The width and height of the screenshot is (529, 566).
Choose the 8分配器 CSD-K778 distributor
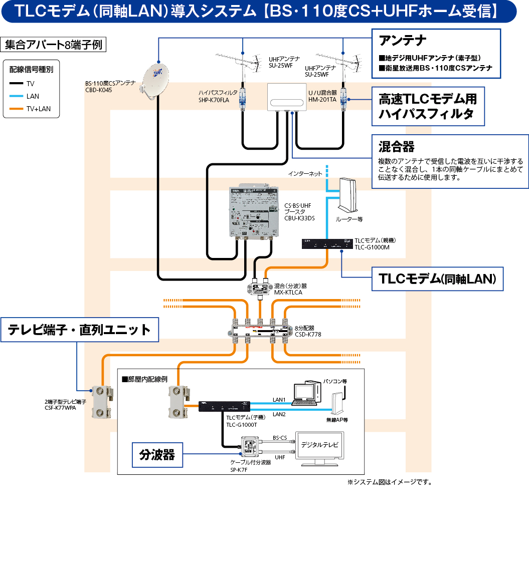point(260,330)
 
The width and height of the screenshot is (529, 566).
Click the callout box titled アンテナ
point(436,53)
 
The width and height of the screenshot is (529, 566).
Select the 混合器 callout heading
point(397,146)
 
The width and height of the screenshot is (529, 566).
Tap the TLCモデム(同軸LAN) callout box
point(437,278)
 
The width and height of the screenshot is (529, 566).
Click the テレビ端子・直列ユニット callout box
point(80,330)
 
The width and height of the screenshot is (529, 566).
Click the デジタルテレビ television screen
point(319,445)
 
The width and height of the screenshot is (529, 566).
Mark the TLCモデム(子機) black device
point(224,406)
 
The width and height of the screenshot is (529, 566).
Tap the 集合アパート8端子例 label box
point(54,45)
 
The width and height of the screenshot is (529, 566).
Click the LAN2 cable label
point(279,415)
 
